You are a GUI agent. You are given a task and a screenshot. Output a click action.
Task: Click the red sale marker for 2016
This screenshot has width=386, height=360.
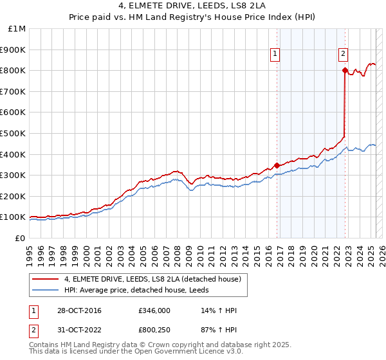point(277,165)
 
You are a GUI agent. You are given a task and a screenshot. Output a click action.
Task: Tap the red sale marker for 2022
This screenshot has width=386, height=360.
point(345,70)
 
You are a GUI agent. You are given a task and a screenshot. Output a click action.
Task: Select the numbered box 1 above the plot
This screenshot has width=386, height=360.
point(275,55)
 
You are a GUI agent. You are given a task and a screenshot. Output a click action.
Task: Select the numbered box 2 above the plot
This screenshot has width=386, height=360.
point(344,55)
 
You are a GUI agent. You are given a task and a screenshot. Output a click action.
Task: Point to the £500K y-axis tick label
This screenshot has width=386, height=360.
point(13,133)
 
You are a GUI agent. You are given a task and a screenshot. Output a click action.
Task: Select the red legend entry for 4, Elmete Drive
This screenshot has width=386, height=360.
point(152,279)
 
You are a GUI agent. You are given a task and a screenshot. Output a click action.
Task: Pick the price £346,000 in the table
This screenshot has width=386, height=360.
point(154,311)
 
